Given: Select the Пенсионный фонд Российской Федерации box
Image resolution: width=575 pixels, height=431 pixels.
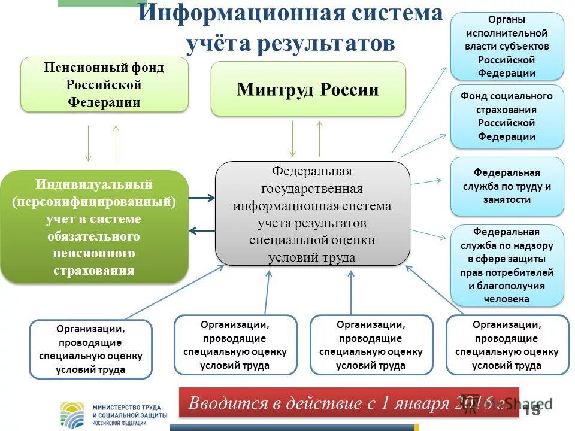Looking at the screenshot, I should click(104, 84).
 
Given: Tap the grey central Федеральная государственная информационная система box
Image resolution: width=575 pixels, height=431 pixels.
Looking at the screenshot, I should click(312, 214).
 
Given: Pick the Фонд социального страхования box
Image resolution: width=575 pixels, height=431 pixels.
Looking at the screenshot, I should click(507, 116).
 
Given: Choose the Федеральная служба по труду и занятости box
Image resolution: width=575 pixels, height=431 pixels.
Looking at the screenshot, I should click(507, 186).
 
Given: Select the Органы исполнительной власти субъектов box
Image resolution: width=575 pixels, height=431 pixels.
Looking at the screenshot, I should click(507, 46).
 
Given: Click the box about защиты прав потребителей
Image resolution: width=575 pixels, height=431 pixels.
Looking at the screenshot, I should click(507, 265).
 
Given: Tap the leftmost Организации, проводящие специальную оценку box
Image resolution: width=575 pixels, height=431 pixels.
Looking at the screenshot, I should click(90, 349).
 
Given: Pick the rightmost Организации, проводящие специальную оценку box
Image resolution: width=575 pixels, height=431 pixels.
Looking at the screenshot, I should click(507, 344).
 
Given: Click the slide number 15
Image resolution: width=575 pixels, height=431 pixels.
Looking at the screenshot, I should click(531, 411).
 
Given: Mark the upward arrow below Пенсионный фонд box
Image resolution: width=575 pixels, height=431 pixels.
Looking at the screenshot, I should click(116, 144).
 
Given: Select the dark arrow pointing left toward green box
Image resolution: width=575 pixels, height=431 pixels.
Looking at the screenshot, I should click(201, 230).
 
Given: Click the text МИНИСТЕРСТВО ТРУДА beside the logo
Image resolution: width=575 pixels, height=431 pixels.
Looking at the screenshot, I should click(126, 408).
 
